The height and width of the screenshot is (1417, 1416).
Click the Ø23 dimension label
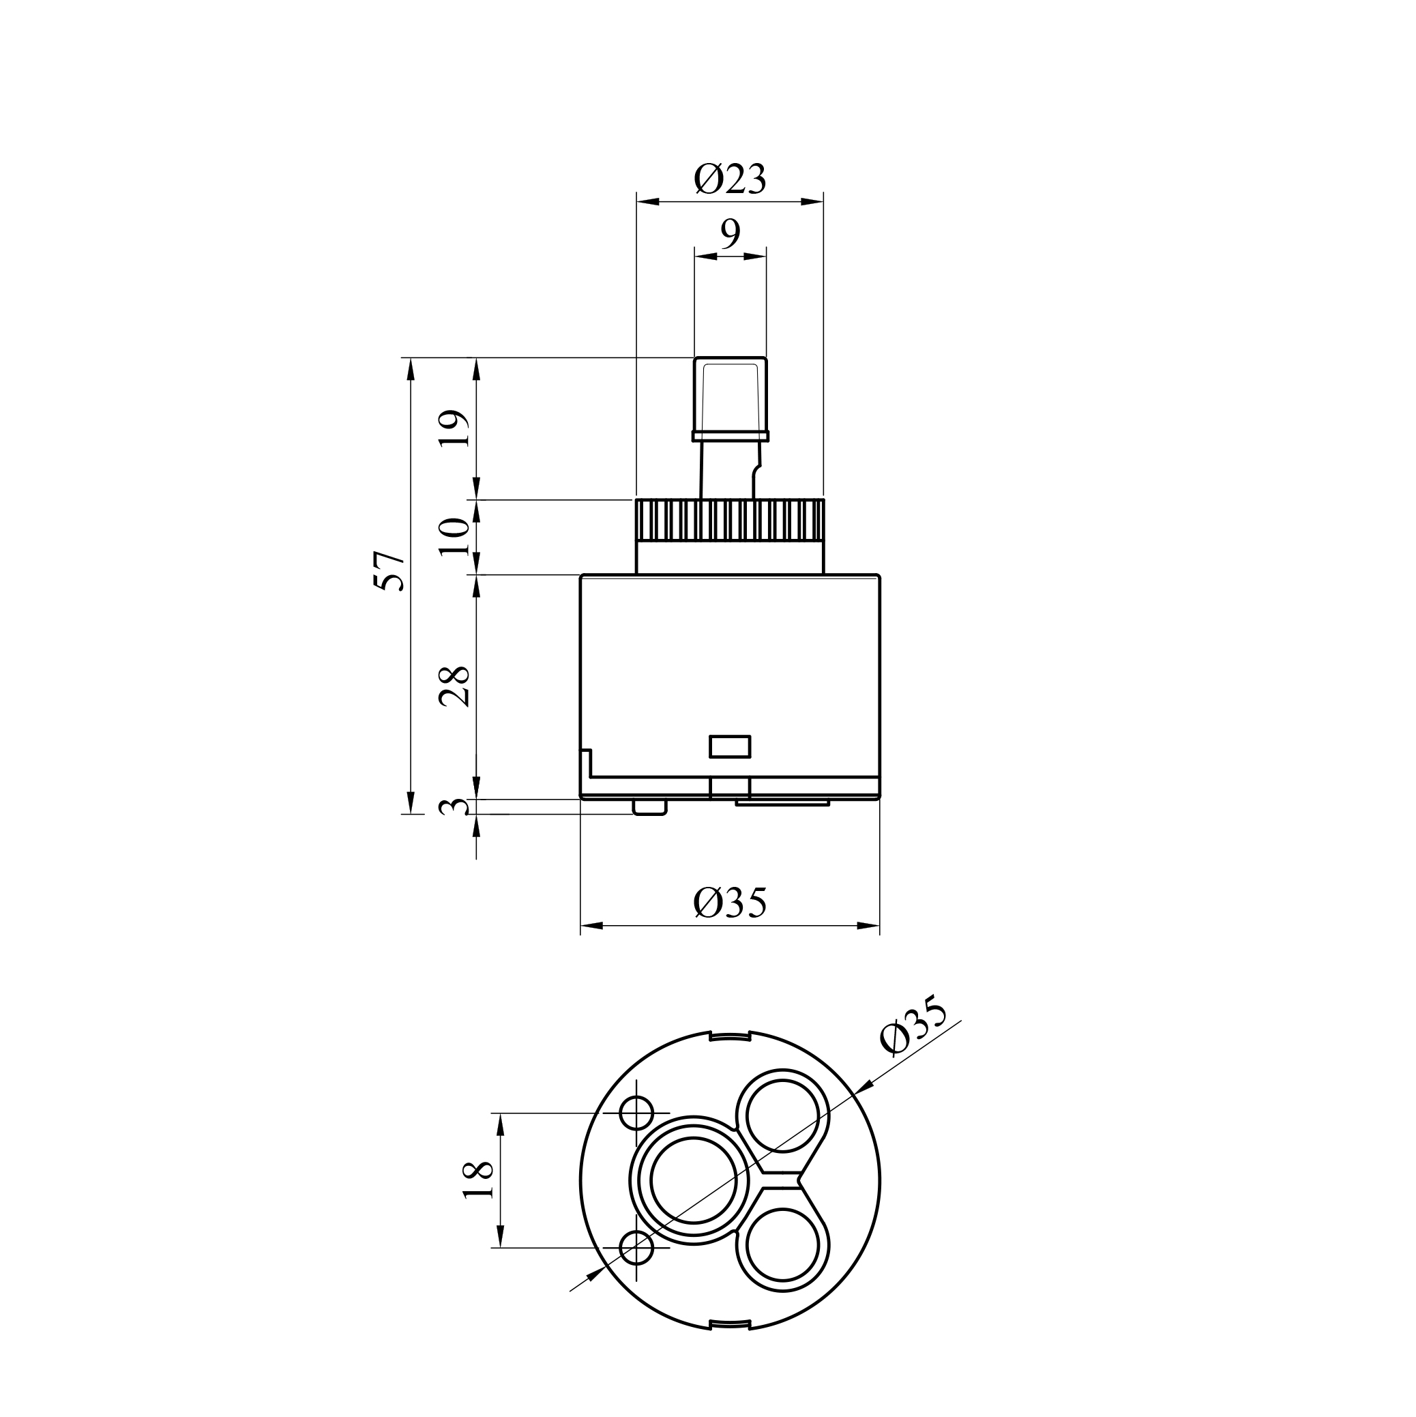pyautogui.click(x=730, y=179)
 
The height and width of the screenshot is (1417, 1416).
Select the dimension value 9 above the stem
pyautogui.click(x=731, y=234)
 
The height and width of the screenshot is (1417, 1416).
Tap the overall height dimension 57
pyautogui.click(x=389, y=570)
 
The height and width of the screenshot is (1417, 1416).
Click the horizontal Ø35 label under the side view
pyautogui.click(x=730, y=903)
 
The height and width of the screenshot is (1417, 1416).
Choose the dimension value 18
pyautogui.click(x=479, y=1181)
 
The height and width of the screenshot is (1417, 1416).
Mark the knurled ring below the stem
pyautogui.click(x=731, y=520)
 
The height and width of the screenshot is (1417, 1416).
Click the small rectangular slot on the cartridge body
pyautogui.click(x=730, y=746)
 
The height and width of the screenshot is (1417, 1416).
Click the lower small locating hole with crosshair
pyautogui.click(x=636, y=1248)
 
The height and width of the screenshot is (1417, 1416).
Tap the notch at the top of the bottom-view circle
pyautogui.click(x=730, y=1036)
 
